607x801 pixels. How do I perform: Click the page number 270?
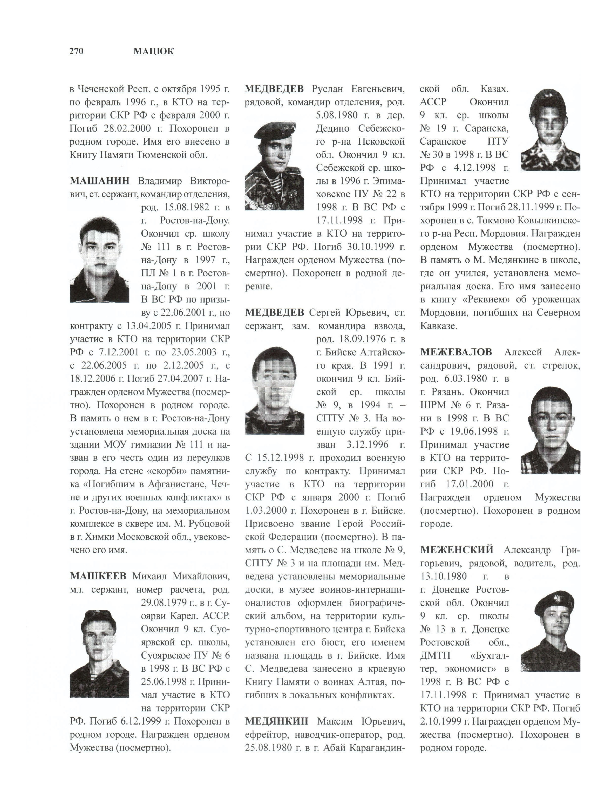tap(76, 51)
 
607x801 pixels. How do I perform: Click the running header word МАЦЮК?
tap(153, 51)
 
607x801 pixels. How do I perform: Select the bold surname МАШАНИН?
tap(99, 181)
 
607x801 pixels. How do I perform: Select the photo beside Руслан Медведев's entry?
tap(275, 166)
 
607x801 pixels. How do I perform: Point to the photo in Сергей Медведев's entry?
tap(275, 391)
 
